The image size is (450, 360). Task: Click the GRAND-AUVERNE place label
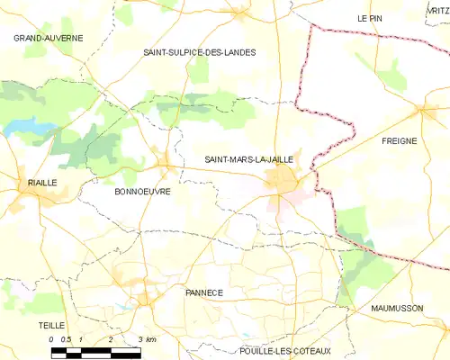point(48,39)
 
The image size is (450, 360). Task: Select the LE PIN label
point(370,18)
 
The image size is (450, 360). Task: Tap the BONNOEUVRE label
point(143,192)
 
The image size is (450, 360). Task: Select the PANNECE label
point(203,292)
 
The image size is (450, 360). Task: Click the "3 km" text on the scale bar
point(147,339)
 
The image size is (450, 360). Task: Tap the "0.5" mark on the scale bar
point(67,339)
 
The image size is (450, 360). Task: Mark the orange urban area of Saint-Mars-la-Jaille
point(286,183)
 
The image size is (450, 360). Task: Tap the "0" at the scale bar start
point(52,339)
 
